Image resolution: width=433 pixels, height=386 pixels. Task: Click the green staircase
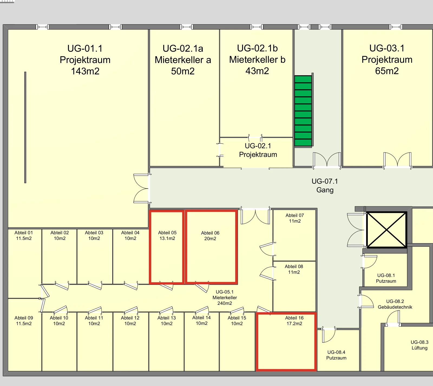(303, 111)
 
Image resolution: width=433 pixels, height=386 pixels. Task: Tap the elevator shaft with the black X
(387, 230)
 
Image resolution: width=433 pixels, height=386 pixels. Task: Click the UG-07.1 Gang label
(325, 186)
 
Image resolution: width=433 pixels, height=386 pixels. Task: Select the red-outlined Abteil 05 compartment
(167, 247)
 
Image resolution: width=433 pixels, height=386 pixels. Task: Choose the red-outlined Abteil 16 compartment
(286, 342)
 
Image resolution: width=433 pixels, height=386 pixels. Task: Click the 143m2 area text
(85, 71)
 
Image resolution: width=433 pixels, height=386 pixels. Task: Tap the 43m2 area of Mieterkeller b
(257, 71)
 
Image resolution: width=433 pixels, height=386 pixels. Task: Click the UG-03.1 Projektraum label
(387, 54)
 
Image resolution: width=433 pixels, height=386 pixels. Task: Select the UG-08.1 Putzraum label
(386, 278)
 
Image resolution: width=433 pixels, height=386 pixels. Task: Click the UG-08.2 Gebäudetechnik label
(395, 304)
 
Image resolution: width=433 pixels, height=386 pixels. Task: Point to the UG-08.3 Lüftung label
(419, 345)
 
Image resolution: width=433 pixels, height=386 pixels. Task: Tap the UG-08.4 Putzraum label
(336, 355)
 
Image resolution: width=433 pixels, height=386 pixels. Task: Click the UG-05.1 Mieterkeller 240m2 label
(225, 298)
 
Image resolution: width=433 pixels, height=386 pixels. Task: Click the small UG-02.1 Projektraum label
(258, 150)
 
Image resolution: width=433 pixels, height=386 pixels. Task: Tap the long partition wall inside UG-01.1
(25, 127)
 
